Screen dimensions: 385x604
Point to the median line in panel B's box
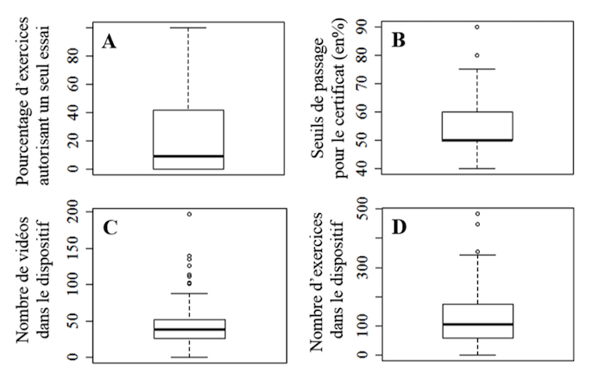(x=477, y=140)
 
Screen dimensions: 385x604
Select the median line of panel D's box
(x=477, y=325)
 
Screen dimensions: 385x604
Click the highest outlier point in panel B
(x=477, y=27)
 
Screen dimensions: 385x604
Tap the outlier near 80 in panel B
(x=477, y=55)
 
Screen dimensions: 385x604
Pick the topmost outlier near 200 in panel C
(x=188, y=213)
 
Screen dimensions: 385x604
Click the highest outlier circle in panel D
(x=477, y=213)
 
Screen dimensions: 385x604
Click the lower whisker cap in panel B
(x=477, y=168)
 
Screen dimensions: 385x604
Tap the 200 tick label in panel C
(x=77, y=211)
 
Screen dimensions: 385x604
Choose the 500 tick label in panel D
(x=367, y=210)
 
